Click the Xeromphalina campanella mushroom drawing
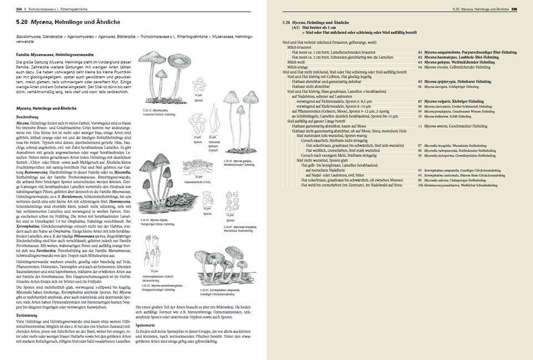222,264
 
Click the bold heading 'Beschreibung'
27,117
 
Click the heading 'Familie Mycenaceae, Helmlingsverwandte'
54,56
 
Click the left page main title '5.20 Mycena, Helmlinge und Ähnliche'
67,21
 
